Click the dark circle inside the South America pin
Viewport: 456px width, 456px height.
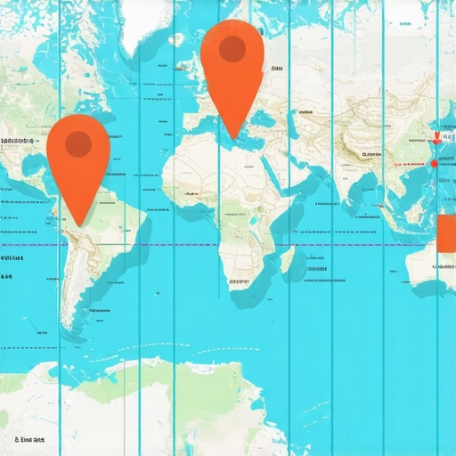(78, 142)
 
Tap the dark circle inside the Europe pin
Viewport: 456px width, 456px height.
(232, 49)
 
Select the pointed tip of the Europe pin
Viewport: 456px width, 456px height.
(232, 139)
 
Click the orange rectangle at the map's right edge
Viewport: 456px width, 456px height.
(447, 232)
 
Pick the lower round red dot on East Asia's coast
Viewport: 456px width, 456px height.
(435, 163)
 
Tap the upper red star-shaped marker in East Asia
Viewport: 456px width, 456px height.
(436, 138)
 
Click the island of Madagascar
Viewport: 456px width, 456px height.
(288, 260)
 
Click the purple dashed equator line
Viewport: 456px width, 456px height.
(178, 244)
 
